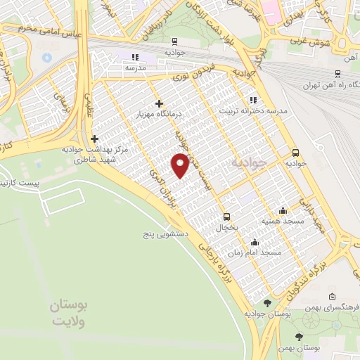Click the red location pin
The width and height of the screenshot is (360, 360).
[181, 164]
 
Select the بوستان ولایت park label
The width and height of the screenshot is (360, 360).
[70, 314]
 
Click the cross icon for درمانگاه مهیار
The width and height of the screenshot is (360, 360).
[160, 104]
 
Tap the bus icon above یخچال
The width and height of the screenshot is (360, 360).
[226, 217]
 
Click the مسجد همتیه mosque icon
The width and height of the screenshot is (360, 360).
[283, 210]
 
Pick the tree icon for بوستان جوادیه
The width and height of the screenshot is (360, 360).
[267, 303]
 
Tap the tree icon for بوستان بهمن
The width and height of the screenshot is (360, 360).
[300, 337]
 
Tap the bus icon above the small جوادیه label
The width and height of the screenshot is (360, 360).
[295, 152]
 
